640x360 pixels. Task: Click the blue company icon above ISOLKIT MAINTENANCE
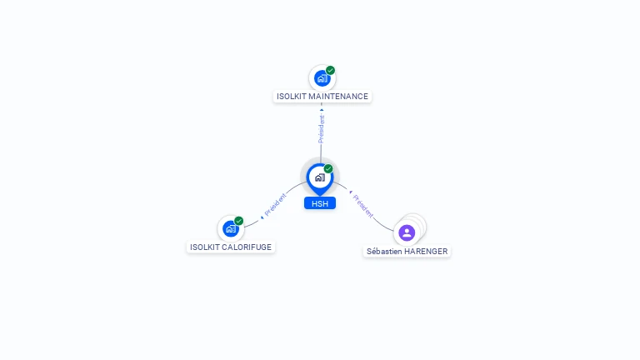tap(322, 78)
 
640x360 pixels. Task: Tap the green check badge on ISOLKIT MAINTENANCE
tap(330, 71)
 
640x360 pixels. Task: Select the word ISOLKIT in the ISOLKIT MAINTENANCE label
tap(291, 97)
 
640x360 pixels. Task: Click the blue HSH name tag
tap(320, 203)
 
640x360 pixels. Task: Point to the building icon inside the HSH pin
tap(320, 177)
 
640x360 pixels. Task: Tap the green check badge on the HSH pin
tap(328, 168)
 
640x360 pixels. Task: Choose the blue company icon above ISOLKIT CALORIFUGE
tap(231, 228)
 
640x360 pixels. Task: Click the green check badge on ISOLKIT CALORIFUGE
tap(239, 221)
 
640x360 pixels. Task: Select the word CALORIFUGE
tap(247, 247)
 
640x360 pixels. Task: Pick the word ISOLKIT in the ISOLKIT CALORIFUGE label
tap(204, 247)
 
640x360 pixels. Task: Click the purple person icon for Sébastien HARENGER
tap(407, 232)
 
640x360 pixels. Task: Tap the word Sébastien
tap(384, 252)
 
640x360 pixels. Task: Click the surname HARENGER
tap(426, 252)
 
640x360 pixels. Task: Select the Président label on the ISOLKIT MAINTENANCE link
tap(322, 129)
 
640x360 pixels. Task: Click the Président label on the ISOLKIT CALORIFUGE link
tap(276, 205)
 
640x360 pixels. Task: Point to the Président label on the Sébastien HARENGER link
tap(362, 206)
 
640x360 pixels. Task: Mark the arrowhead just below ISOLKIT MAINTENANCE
tap(322, 110)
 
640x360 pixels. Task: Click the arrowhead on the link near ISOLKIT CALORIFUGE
tap(262, 217)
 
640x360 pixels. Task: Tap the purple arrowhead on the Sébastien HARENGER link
tap(351, 192)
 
